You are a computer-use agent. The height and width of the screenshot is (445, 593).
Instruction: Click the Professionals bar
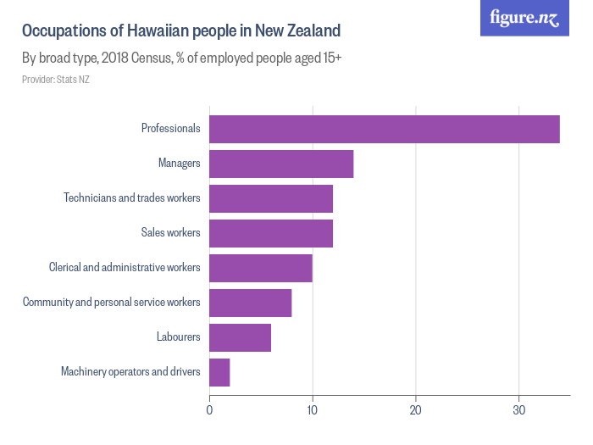(384, 129)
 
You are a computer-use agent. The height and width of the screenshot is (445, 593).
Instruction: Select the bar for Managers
(281, 164)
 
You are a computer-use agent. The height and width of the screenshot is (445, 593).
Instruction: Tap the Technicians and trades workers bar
(271, 198)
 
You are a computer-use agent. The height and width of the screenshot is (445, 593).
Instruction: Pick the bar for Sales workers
(271, 233)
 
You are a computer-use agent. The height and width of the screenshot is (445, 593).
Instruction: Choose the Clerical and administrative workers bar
(261, 268)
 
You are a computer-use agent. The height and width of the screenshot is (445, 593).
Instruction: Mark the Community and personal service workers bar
(251, 303)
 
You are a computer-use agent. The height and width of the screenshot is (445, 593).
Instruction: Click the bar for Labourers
(240, 337)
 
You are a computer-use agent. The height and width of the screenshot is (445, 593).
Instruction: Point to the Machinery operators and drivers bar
(219, 372)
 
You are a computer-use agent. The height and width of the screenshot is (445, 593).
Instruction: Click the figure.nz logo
(524, 18)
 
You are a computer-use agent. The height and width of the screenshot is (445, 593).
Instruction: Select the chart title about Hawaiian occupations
(181, 31)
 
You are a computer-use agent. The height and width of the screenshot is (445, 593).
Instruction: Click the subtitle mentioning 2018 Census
(181, 59)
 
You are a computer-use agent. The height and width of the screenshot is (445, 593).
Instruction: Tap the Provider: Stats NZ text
(56, 80)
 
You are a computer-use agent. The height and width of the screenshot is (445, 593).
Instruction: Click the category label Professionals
(170, 129)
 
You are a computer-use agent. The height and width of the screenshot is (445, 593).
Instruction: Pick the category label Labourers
(178, 337)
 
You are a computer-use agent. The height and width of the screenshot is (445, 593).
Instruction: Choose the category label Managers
(179, 164)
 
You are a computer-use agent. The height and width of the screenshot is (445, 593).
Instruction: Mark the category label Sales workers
(170, 233)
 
